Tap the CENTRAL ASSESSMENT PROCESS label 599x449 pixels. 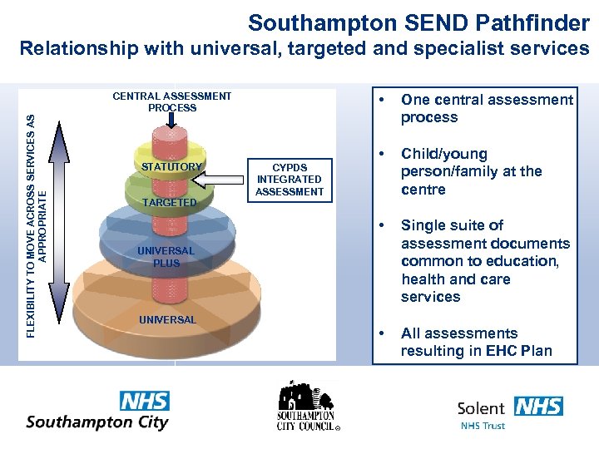click(x=172, y=101)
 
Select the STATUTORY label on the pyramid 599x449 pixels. click(x=171, y=167)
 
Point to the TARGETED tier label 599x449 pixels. click(x=170, y=203)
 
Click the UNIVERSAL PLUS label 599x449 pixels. click(x=166, y=257)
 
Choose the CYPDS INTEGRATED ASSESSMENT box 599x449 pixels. click(x=290, y=180)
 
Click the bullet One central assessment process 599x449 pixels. click(x=486, y=108)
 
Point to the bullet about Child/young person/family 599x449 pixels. click(x=471, y=171)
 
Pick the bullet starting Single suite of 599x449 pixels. click(x=485, y=261)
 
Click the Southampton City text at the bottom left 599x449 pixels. click(x=97, y=422)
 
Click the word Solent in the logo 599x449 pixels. click(x=482, y=407)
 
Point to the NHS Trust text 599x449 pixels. click(x=483, y=426)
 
